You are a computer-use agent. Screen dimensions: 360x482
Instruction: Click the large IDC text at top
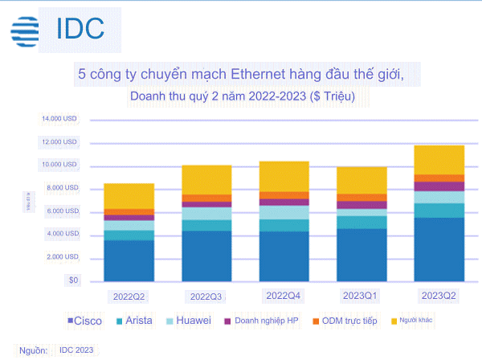(x=80, y=28)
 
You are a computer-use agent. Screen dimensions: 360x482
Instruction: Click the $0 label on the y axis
(x=72, y=280)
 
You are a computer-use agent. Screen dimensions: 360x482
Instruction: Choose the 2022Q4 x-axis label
(x=284, y=296)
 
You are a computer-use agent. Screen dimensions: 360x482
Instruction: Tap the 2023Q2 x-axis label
(x=439, y=296)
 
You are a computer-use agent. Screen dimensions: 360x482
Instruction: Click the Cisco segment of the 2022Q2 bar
(x=129, y=260)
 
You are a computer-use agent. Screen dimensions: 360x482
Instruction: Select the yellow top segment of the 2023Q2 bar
(x=439, y=160)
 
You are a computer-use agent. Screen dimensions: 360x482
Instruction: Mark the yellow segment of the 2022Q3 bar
(x=206, y=179)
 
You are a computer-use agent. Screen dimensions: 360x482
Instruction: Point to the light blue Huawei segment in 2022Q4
(x=284, y=212)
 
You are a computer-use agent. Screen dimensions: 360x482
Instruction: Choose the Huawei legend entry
(x=190, y=322)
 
